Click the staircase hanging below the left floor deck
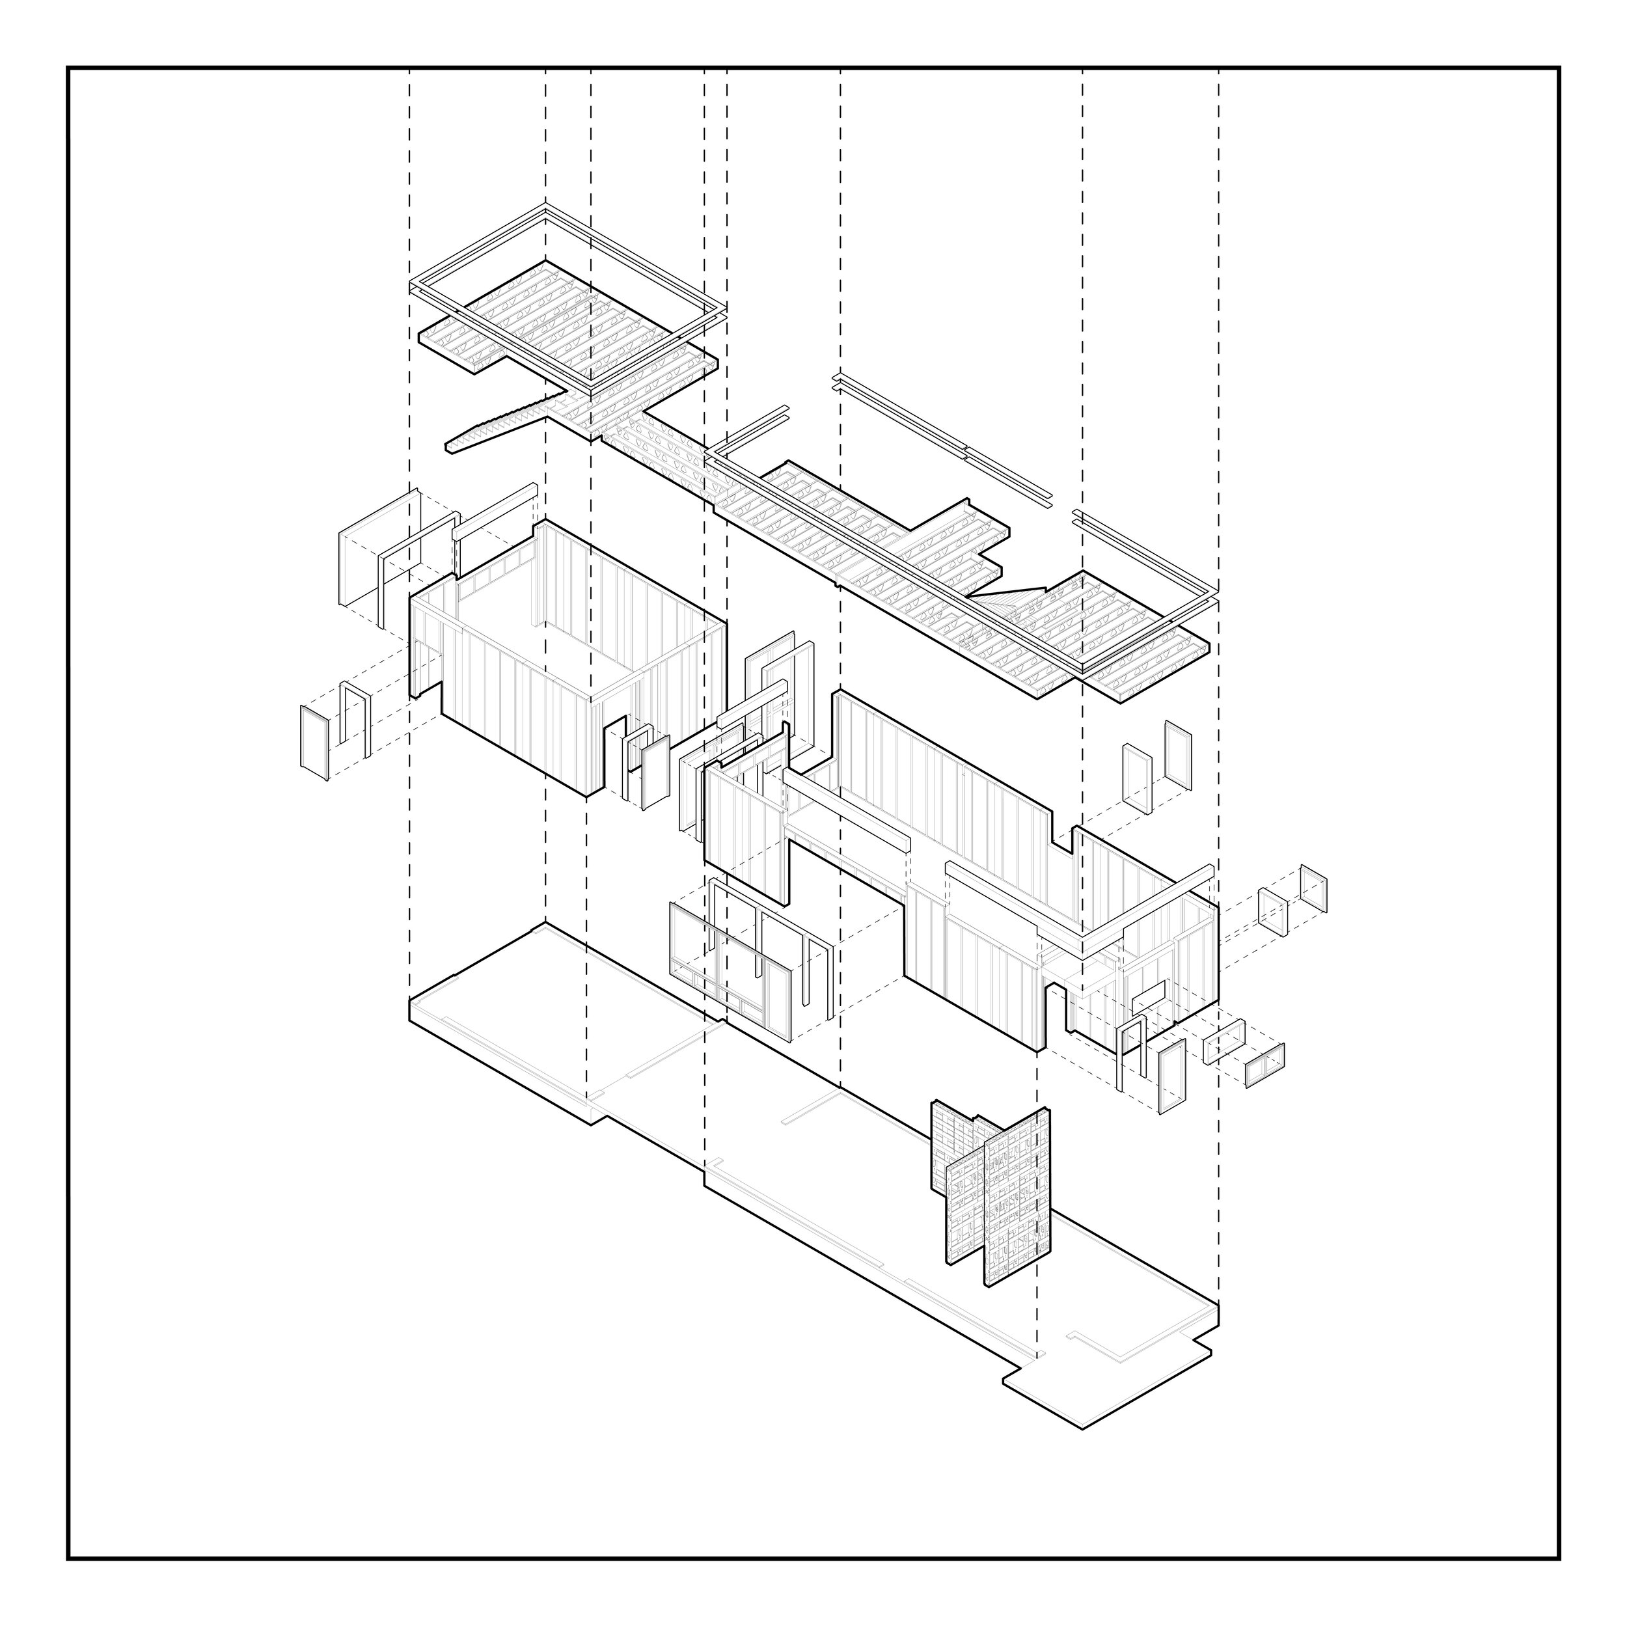[497, 425]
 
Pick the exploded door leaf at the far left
[314, 742]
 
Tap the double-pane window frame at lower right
[1265, 1065]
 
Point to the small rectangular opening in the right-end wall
[1147, 997]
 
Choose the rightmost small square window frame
[1314, 888]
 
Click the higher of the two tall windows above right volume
[1178, 754]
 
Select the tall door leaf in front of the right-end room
[1171, 1078]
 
